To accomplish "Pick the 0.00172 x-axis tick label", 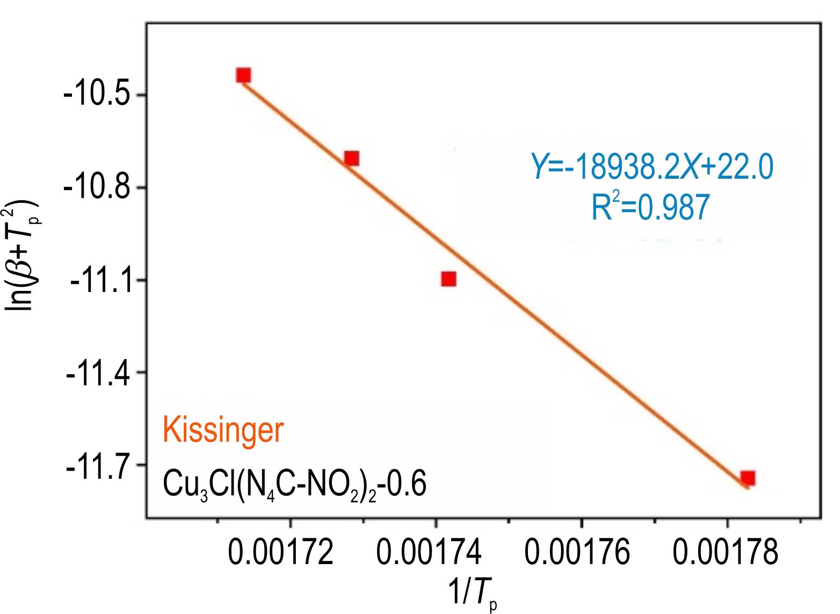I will pos(281,553).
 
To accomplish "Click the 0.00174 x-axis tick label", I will pos(429,553).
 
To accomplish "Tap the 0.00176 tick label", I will pos(577,553).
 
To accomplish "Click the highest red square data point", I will pos(243,75).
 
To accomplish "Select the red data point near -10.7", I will pos(352,158).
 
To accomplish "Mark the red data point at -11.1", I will pos(449,279).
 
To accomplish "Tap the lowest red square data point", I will pos(748,478).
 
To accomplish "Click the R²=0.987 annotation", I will pos(650,208).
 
